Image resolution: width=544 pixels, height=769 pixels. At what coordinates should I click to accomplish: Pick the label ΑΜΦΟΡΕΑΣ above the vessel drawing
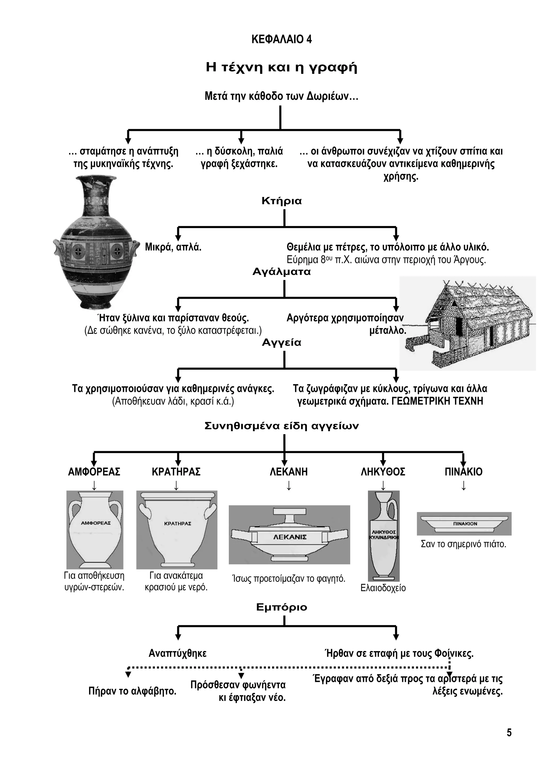94,472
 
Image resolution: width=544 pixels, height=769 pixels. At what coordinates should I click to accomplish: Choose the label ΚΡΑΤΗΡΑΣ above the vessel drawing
176,472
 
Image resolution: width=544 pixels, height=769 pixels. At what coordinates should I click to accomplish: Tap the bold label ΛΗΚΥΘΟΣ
383,472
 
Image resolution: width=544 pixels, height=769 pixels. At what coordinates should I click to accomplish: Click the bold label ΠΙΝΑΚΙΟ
464,472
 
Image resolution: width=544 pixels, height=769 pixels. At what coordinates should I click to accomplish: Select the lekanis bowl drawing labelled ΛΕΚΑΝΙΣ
290,535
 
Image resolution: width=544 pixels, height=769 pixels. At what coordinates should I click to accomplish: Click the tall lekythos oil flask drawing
384,535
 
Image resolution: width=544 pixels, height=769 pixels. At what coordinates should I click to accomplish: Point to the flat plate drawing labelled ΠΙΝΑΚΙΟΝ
464,523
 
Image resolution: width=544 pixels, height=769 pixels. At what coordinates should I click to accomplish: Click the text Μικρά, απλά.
173,247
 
